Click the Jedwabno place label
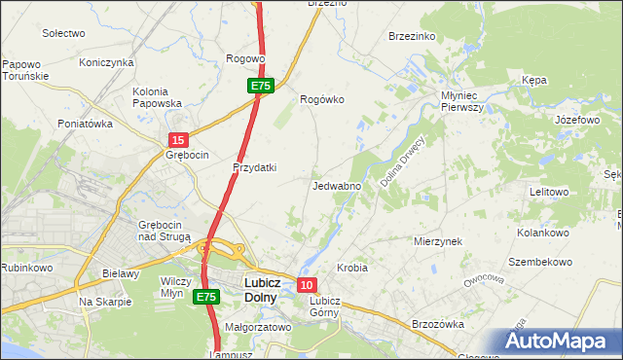tap(338, 186)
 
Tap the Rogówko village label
tap(322, 99)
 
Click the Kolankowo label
tap(542, 234)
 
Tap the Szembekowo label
tap(539, 263)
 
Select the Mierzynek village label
tap(437, 240)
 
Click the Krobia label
tap(351, 267)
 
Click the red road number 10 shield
tap(307, 285)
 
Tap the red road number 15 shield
tap(177, 142)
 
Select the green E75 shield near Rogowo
tap(260, 87)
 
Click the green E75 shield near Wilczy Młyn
tap(205, 297)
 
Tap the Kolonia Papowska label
tap(158, 97)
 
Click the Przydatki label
tap(254, 166)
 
